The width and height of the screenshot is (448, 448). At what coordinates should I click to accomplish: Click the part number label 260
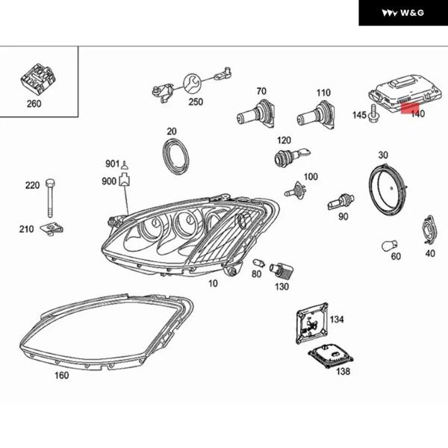point(34,104)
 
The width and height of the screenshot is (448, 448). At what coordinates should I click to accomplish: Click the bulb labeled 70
point(255,114)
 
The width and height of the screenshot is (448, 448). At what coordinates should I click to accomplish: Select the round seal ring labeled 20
point(176,155)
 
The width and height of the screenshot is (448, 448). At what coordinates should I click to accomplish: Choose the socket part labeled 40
point(429,231)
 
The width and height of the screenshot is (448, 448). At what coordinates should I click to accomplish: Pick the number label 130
point(281,287)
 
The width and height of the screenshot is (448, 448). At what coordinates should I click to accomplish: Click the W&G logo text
point(402,13)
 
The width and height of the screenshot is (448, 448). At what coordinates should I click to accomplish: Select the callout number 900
point(110,181)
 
